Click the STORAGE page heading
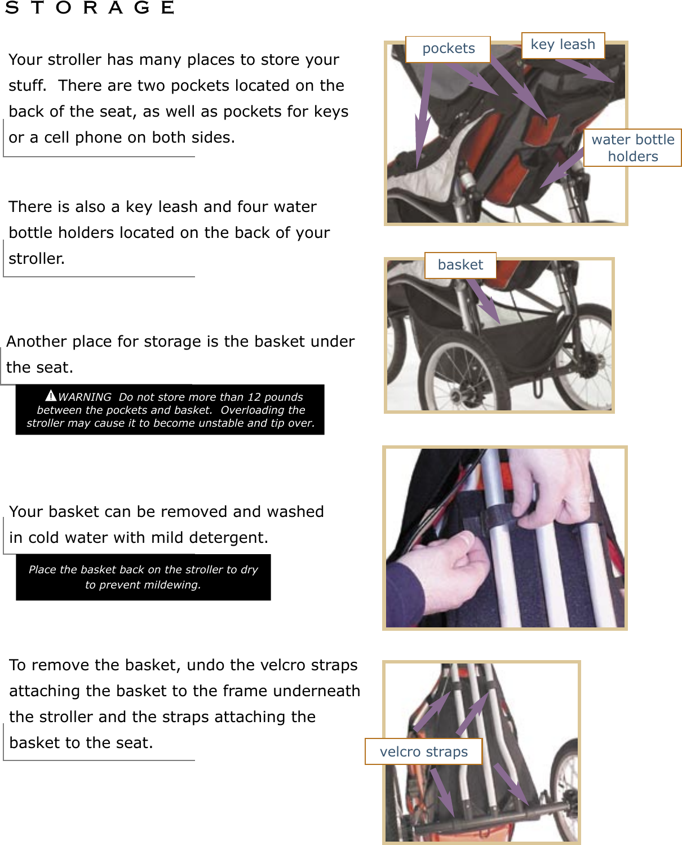tap(90, 8)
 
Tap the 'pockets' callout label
tap(448, 49)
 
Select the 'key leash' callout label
tap(563, 45)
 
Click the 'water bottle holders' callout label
tap(632, 148)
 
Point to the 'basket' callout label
tap(460, 265)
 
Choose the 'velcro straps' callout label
tap(423, 752)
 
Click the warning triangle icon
tap(51, 396)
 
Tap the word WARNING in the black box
tap(85, 397)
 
